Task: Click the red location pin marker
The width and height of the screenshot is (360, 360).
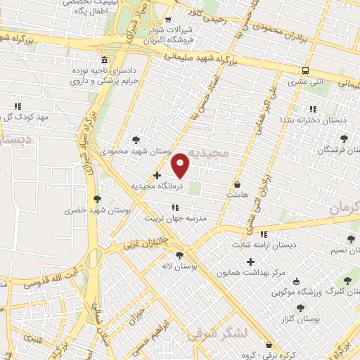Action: pyautogui.click(x=181, y=165)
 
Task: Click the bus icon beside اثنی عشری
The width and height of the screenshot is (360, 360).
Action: pyautogui.click(x=305, y=70)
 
